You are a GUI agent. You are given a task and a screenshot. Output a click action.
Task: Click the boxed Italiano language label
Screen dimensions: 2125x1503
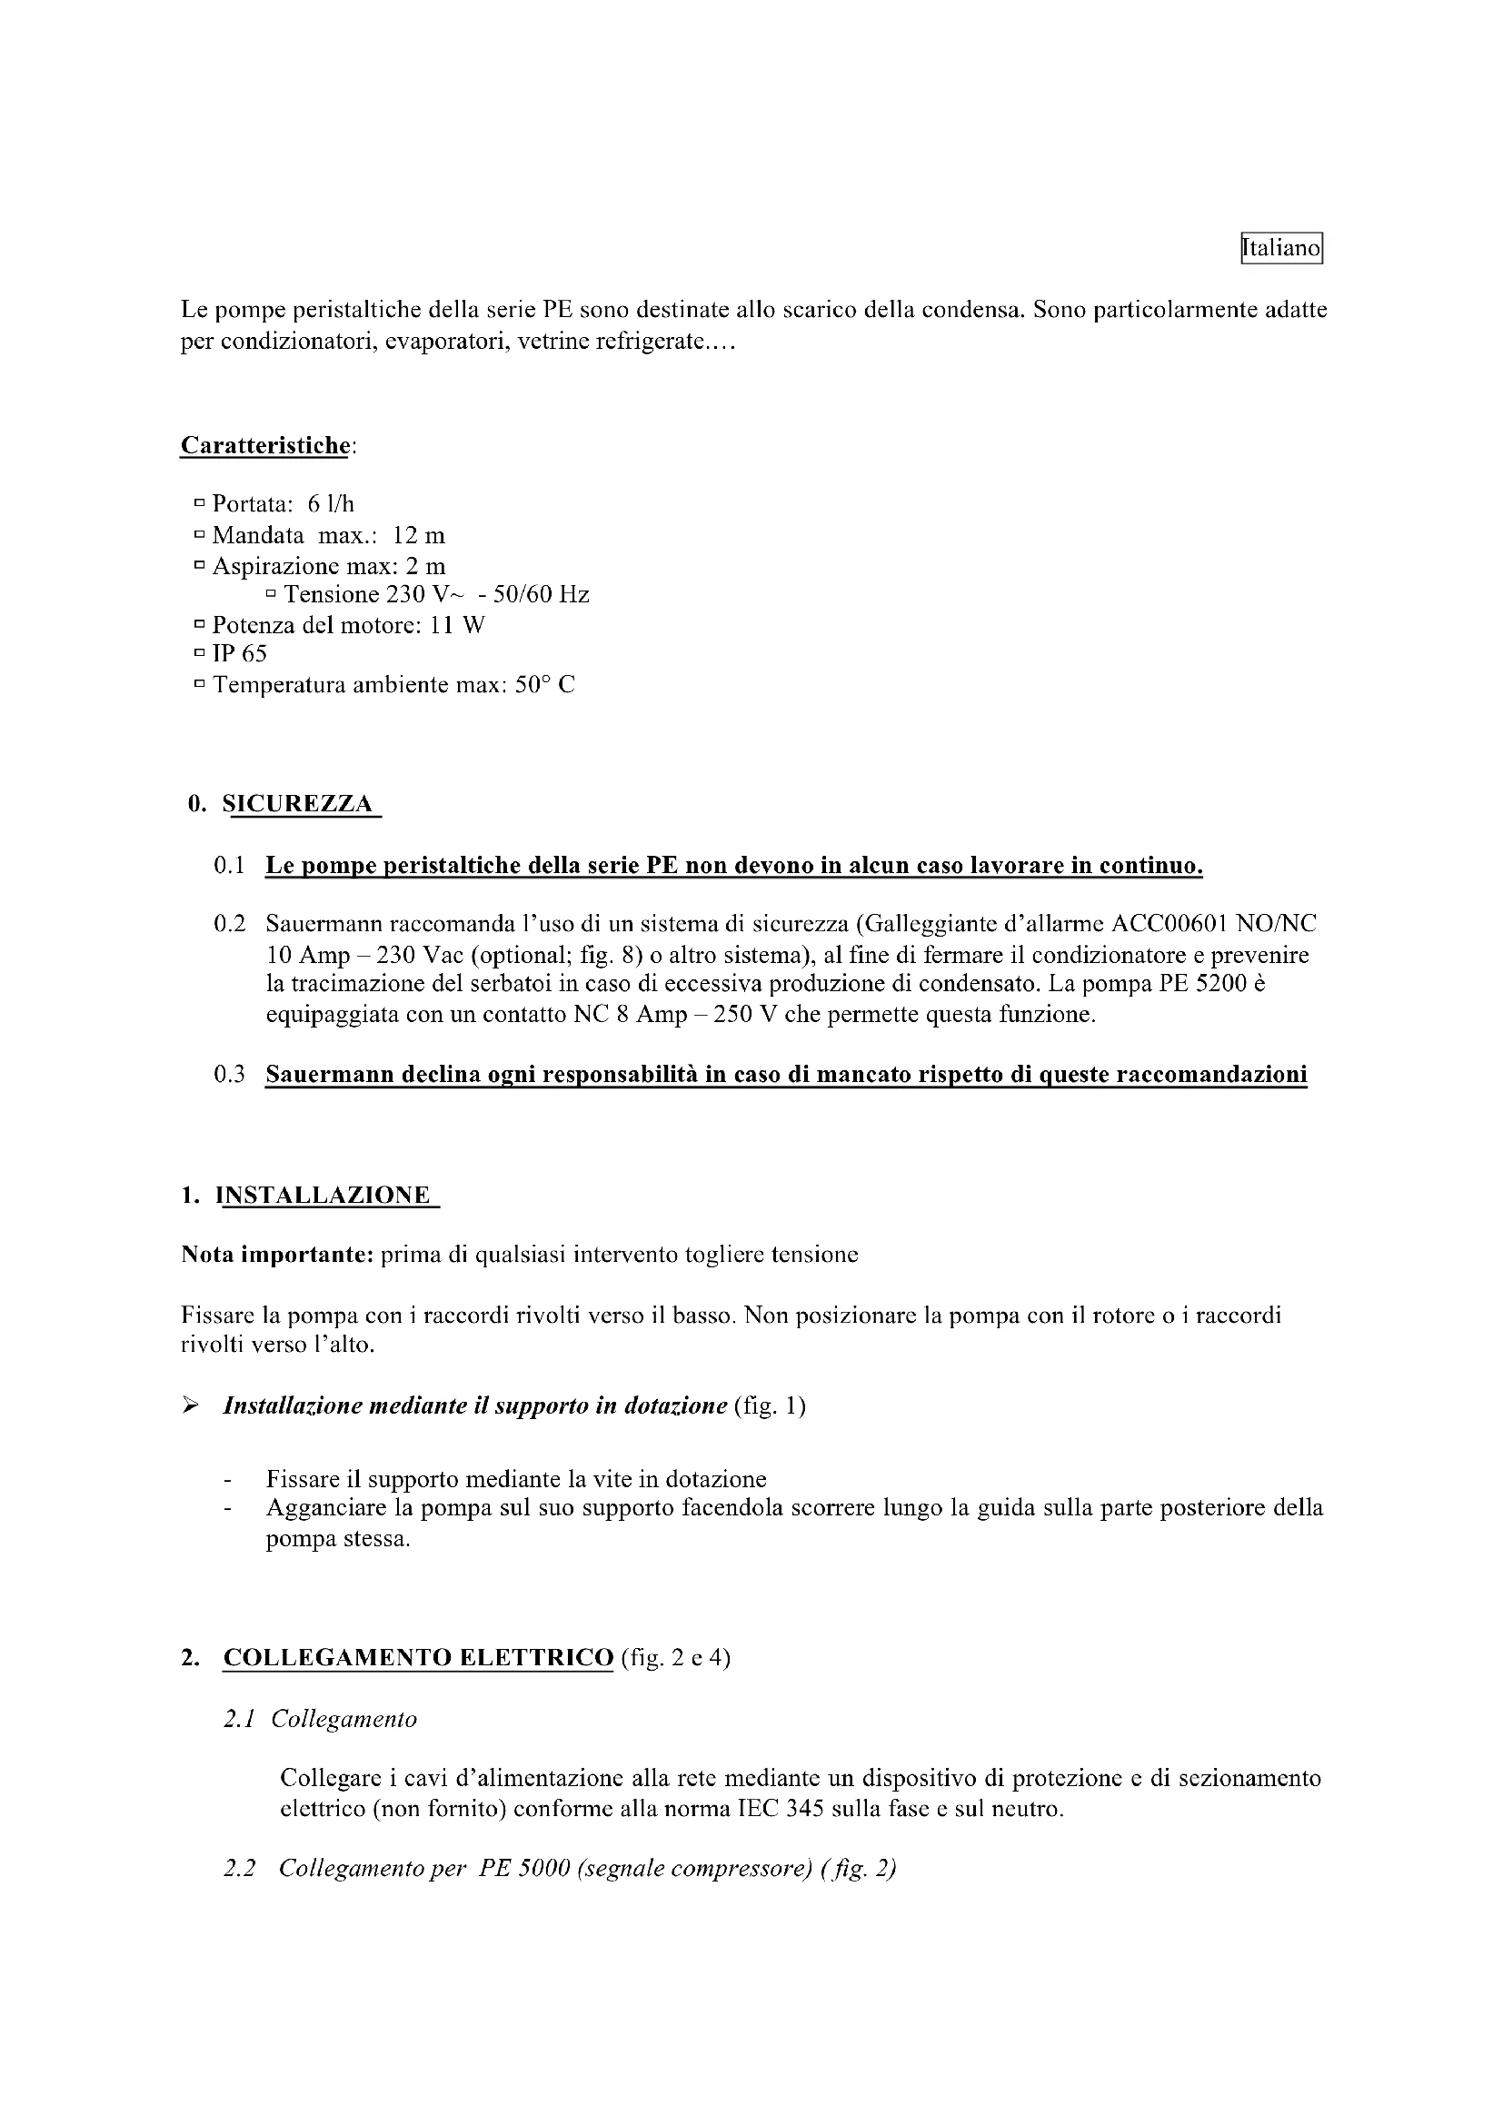pyautogui.click(x=1281, y=248)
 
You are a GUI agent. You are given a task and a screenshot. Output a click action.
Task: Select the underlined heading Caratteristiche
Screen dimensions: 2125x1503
pyautogui.click(x=264, y=445)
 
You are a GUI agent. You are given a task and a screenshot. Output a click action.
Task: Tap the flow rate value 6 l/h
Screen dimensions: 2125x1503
pyautogui.click(x=332, y=503)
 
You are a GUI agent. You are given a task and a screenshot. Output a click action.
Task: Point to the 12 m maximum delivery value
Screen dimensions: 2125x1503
pyautogui.click(x=418, y=535)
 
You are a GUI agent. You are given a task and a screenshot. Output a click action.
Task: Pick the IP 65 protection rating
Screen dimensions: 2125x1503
pyautogui.click(x=240, y=654)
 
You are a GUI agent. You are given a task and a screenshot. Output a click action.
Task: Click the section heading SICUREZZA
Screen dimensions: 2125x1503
pyautogui.click(x=298, y=803)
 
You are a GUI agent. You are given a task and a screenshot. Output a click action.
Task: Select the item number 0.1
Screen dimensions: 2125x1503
pyautogui.click(x=230, y=867)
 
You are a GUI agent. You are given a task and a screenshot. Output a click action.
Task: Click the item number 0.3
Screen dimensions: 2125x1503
pyautogui.click(x=230, y=1075)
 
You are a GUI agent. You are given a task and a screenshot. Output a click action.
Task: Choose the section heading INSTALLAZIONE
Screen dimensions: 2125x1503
pyautogui.click(x=323, y=1195)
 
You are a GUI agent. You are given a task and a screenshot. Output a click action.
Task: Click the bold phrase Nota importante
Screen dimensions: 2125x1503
pyautogui.click(x=277, y=1255)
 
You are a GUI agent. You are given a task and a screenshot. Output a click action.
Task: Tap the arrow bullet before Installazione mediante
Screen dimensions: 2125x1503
pyautogui.click(x=190, y=1405)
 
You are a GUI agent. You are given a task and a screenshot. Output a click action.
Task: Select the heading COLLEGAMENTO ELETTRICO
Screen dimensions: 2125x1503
pyautogui.click(x=418, y=1658)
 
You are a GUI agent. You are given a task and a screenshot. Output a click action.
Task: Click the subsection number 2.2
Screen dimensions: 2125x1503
pyautogui.click(x=239, y=1869)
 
